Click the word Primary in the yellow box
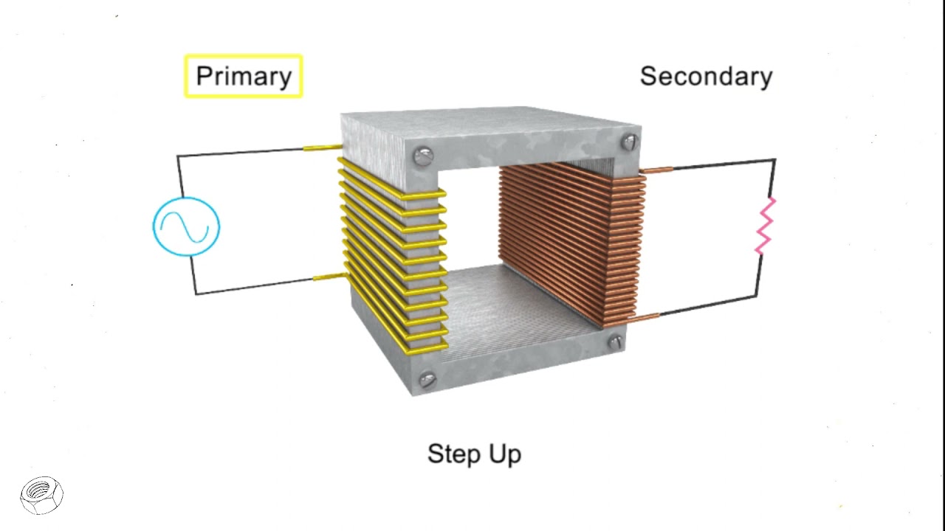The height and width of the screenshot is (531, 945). [244, 77]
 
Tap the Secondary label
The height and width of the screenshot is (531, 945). [706, 77]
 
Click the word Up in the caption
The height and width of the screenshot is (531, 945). [504, 454]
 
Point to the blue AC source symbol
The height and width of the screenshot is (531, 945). [186, 226]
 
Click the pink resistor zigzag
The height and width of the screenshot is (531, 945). [765, 226]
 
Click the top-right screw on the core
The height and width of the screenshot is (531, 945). [629, 142]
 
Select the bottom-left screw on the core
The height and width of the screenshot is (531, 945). [427, 381]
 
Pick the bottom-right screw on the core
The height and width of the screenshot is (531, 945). [615, 341]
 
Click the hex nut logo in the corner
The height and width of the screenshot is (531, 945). [42, 494]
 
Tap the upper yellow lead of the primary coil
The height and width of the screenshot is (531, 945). [322, 147]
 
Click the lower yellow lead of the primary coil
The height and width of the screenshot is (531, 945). [329, 277]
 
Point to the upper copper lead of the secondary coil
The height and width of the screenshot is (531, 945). [656, 170]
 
